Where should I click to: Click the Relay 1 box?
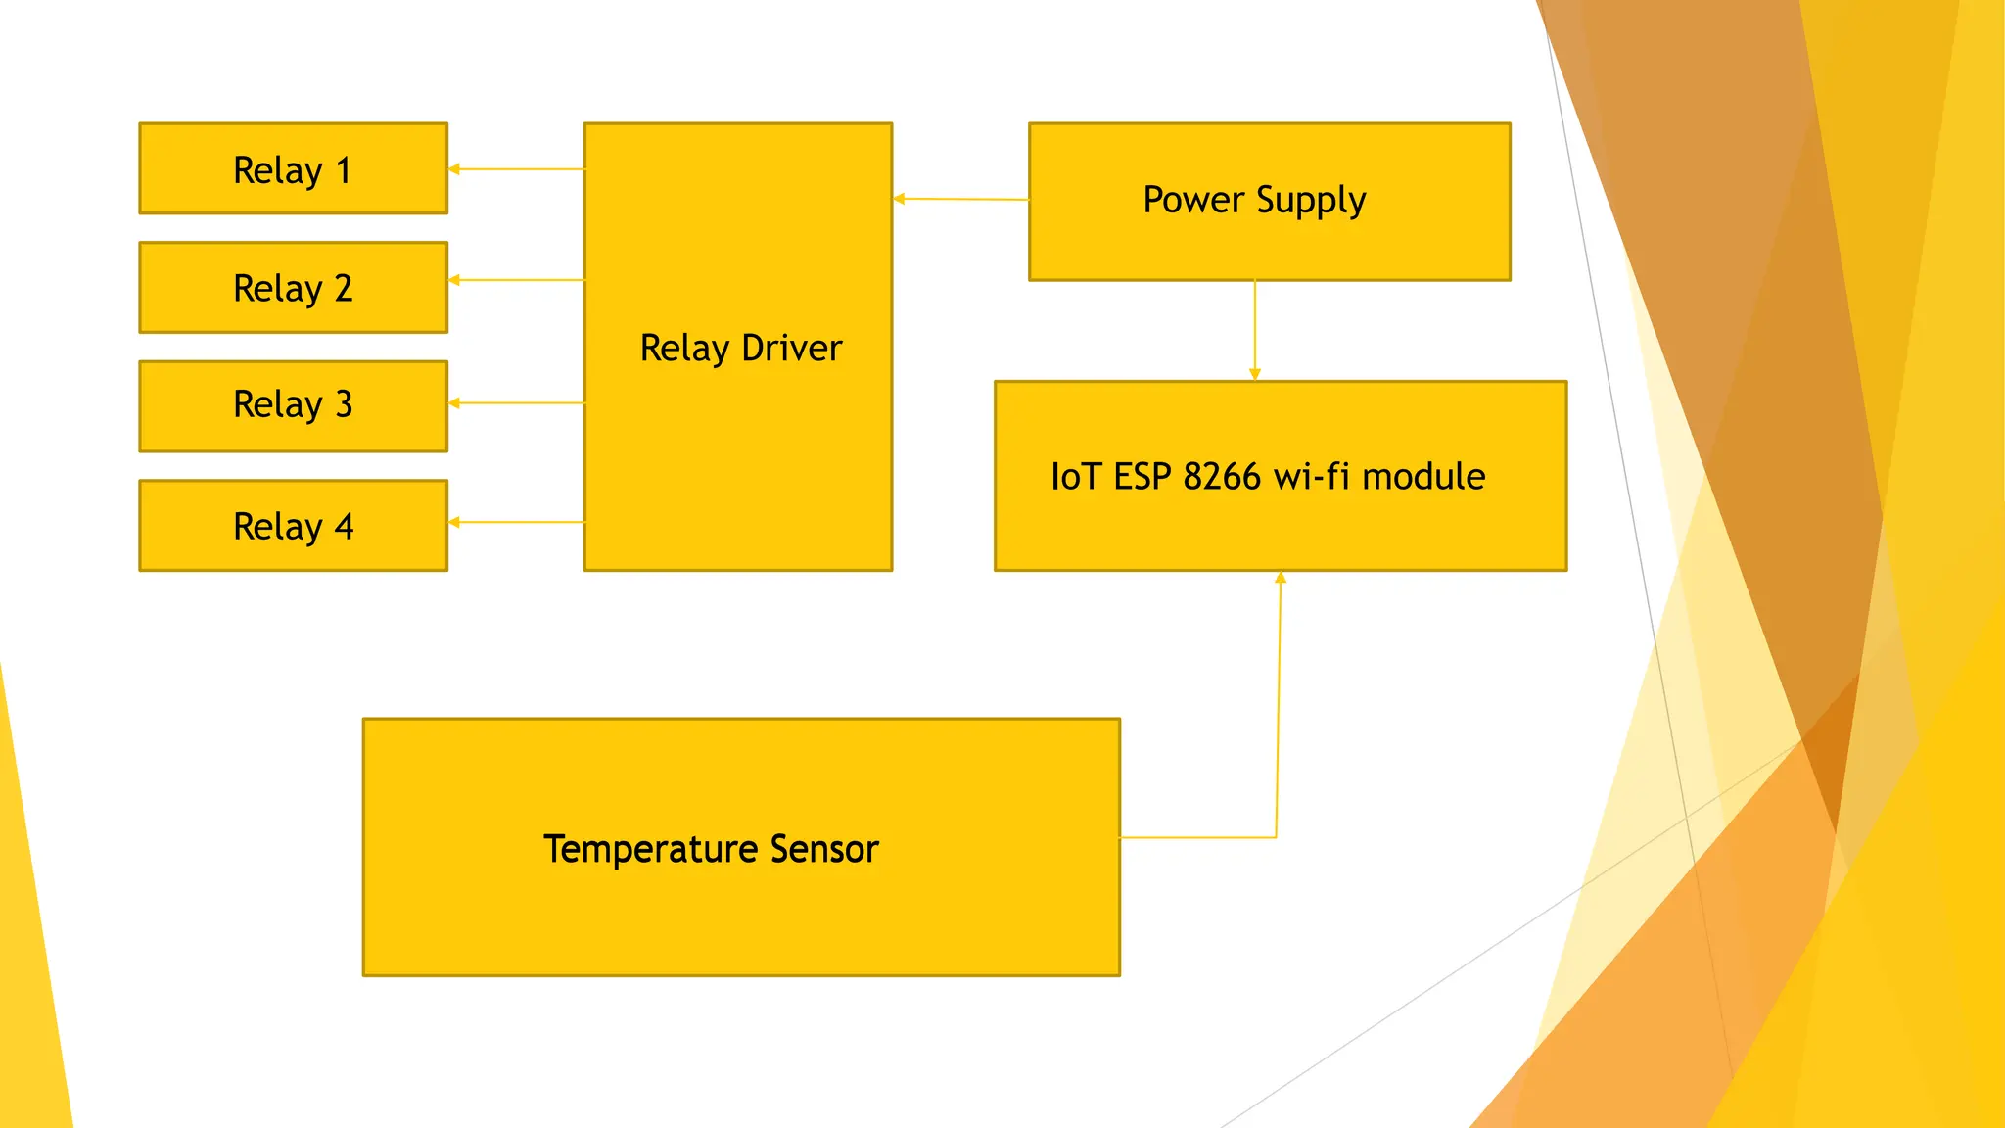[x=293, y=168]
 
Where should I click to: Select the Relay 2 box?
[x=293, y=288]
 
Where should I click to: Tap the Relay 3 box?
[x=293, y=406]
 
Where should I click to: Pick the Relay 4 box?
[x=293, y=526]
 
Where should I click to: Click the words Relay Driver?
[x=740, y=349]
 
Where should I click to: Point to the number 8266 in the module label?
[x=1221, y=477]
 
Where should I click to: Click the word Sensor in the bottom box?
[x=824, y=849]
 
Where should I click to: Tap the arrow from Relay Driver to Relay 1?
[x=516, y=169]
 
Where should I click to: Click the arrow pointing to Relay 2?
[x=516, y=280]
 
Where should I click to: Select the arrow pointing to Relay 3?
[x=516, y=402]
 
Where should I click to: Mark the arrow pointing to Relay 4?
[x=516, y=522]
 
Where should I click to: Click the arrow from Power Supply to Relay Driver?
[x=960, y=199]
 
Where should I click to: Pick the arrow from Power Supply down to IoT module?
[x=1254, y=330]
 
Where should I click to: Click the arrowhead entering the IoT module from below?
[x=1280, y=578]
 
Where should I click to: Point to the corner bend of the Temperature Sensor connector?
[x=1276, y=837]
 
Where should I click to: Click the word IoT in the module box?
[x=1075, y=477]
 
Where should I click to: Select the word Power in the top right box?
[x=1192, y=200]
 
